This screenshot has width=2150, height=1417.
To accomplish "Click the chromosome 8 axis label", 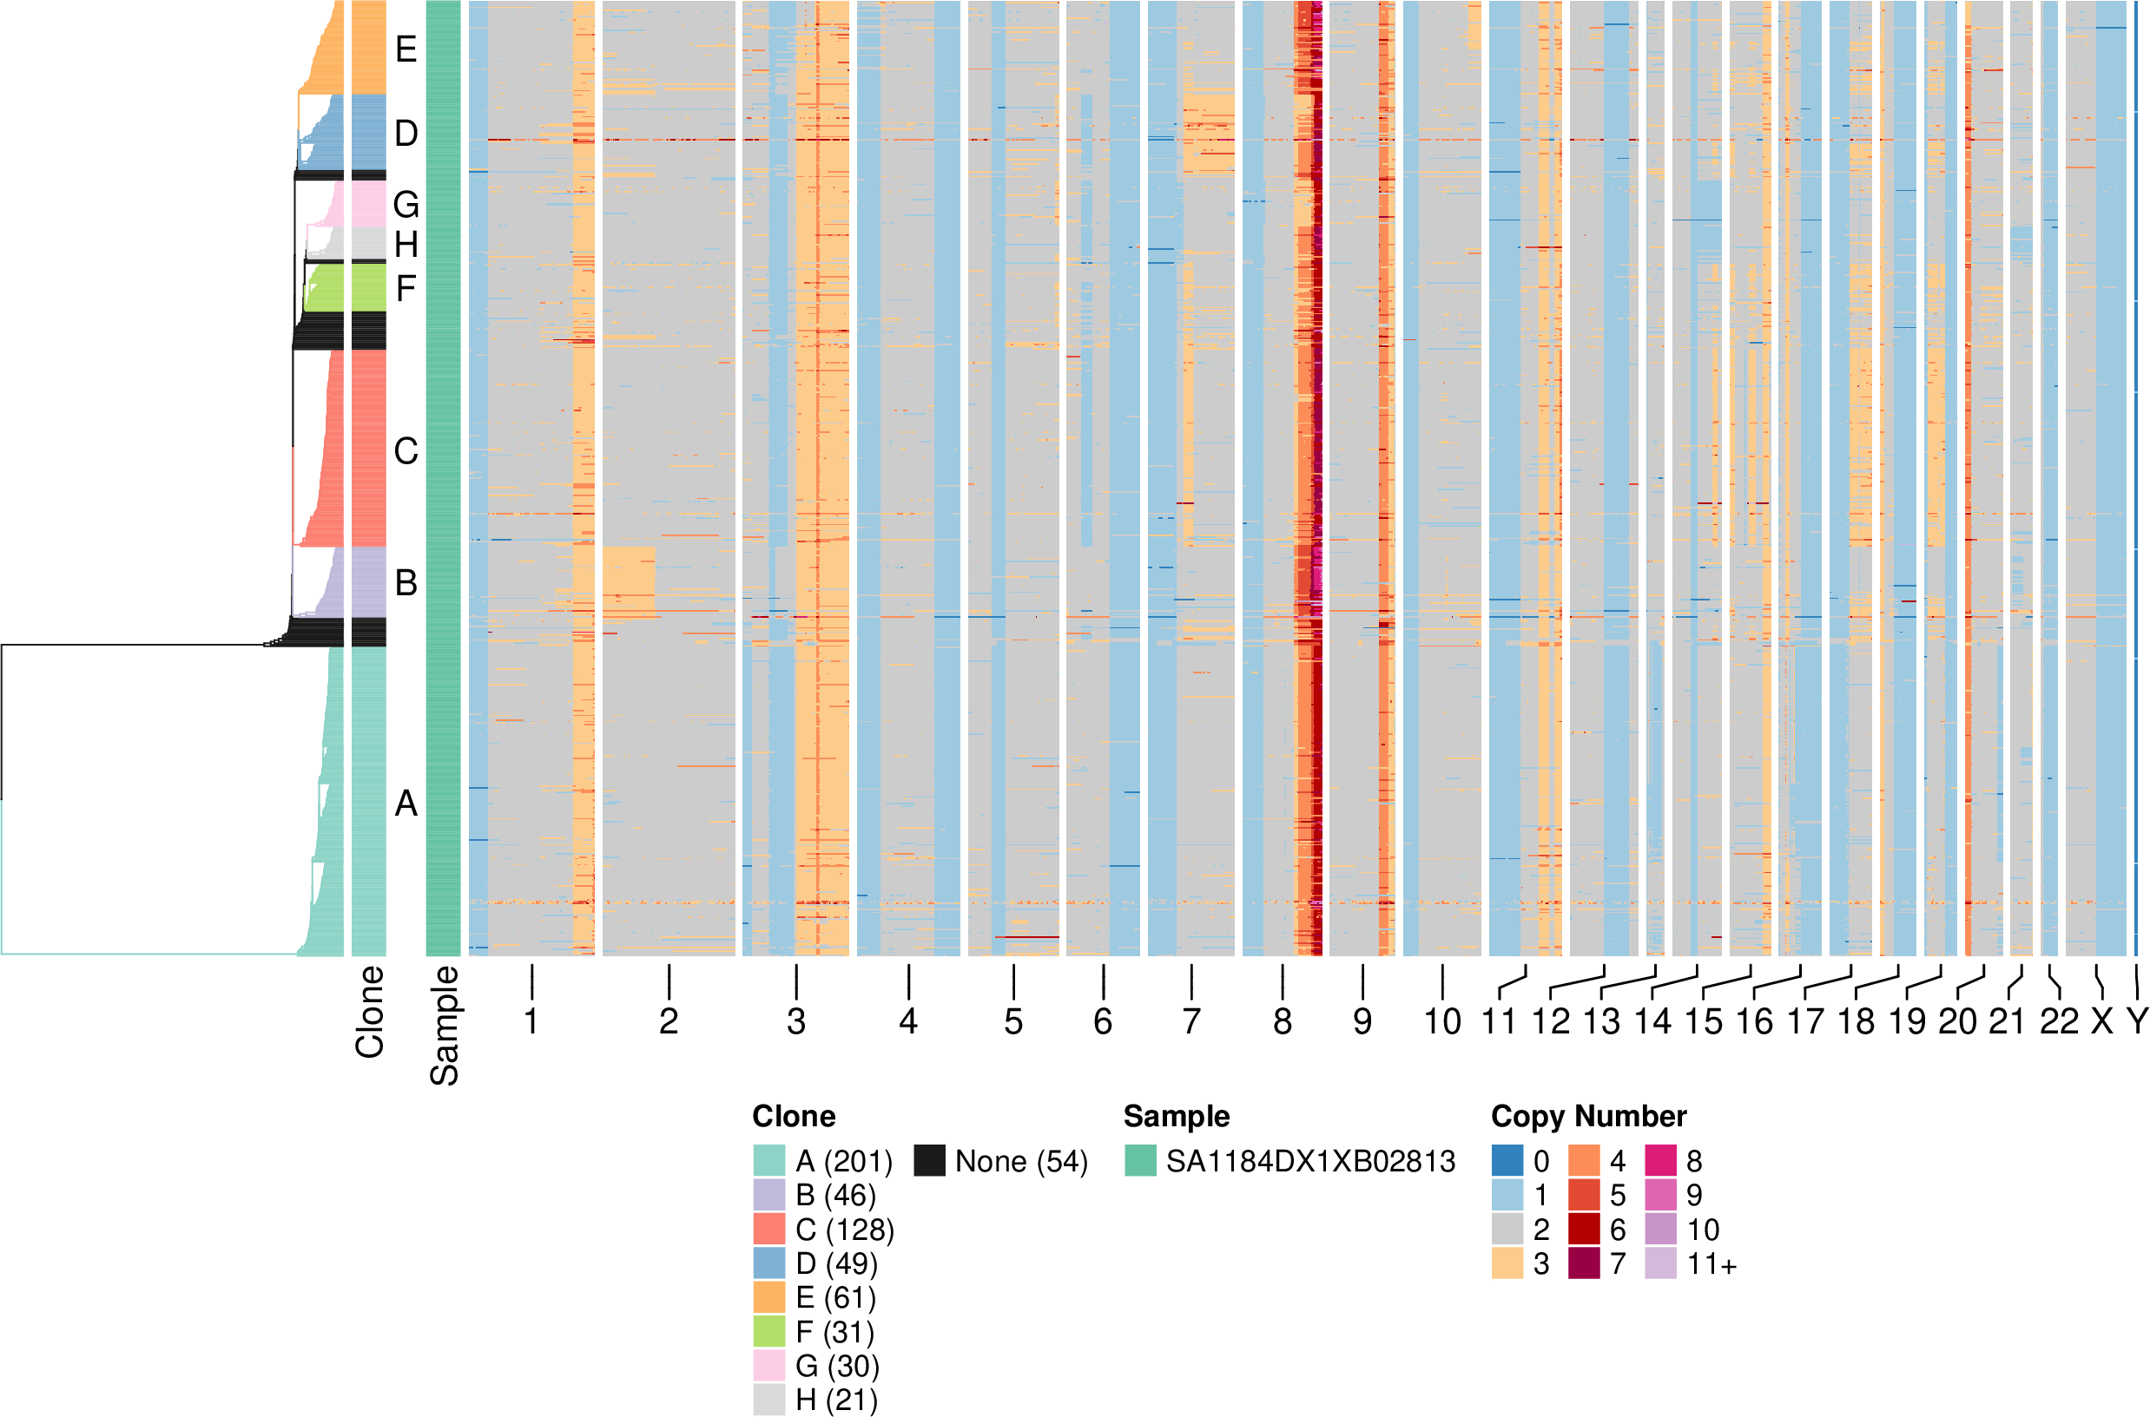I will [1282, 1021].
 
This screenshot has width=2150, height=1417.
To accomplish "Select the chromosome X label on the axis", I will [2102, 1021].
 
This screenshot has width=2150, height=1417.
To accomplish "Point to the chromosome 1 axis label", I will [531, 1021].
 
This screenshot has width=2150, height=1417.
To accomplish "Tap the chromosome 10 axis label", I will [1442, 1021].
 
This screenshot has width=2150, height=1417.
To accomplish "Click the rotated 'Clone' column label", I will [370, 1011].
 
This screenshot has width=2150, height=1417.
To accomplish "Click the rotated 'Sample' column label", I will [444, 1025].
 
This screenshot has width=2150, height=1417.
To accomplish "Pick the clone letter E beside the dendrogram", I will [406, 49].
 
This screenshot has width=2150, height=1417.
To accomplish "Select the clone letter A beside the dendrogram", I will [406, 804].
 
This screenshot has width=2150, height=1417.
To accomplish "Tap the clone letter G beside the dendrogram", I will [406, 205].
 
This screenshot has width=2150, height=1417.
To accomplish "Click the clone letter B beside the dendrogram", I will [406, 583].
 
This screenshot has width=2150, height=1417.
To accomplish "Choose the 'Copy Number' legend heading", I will [1588, 1116].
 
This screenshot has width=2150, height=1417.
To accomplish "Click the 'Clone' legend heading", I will [794, 1116].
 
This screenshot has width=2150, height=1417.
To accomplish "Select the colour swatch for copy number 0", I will [1507, 1160].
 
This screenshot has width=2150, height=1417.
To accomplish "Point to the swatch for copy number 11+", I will [1660, 1263].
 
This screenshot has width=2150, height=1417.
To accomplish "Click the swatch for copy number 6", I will [1584, 1229].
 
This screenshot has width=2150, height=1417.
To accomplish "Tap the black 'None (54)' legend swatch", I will [929, 1160].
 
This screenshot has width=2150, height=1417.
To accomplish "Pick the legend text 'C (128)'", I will [844, 1230].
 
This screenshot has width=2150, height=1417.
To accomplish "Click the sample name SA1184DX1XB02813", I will [1310, 1161].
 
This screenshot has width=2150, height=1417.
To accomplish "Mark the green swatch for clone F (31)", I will [769, 1331].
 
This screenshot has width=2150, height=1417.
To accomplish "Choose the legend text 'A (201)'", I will [843, 1161].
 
